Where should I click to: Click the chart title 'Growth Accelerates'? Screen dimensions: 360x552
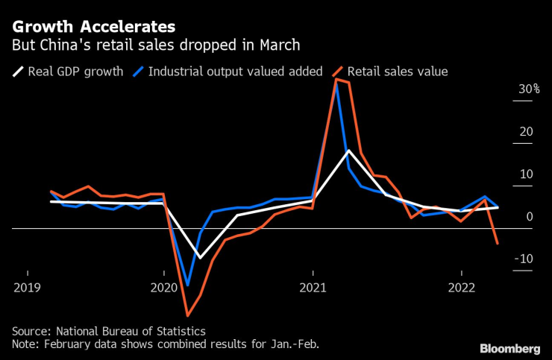click(94, 27)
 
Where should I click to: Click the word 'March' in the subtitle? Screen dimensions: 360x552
click(279, 45)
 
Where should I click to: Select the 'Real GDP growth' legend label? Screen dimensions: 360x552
click(75, 72)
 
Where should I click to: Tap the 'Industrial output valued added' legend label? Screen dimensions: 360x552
click(235, 72)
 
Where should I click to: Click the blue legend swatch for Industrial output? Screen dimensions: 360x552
click(137, 72)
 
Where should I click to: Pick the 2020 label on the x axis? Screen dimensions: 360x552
click(164, 288)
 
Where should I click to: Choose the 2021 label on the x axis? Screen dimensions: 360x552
click(313, 288)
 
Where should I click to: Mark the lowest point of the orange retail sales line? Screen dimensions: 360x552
click(187, 315)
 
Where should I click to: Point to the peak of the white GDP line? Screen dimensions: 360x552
click(348, 151)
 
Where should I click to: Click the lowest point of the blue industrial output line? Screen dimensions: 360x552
click(187, 285)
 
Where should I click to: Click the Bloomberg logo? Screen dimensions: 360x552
click(509, 348)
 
